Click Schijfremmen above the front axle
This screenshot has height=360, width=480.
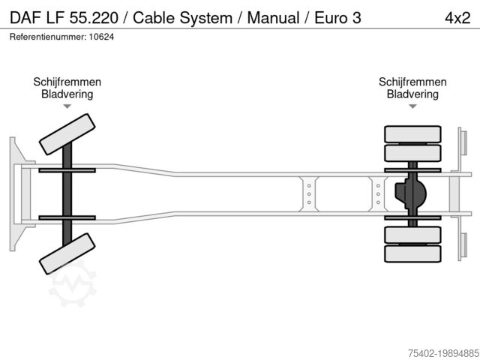pyautogui.click(x=67, y=82)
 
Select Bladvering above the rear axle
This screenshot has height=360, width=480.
pyautogui.click(x=412, y=94)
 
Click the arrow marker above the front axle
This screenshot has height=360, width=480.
pyautogui.click(x=67, y=106)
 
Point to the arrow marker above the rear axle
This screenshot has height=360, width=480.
pyautogui.click(x=412, y=106)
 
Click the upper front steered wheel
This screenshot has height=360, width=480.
pyautogui.click(x=67, y=133)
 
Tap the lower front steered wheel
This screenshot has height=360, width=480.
pyautogui.click(x=67, y=253)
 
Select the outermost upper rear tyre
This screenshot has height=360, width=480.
pyautogui.click(x=412, y=134)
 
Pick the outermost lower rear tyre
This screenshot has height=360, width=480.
pyautogui.click(x=412, y=253)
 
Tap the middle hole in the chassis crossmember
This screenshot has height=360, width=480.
pyautogui.click(x=307, y=193)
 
